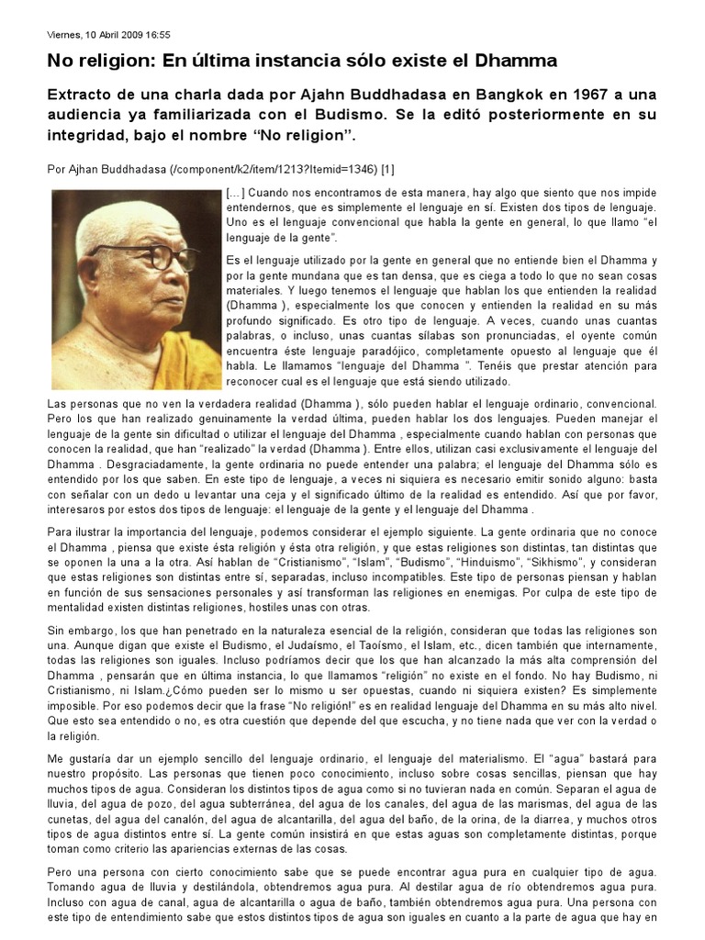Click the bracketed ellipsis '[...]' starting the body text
click(235, 195)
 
